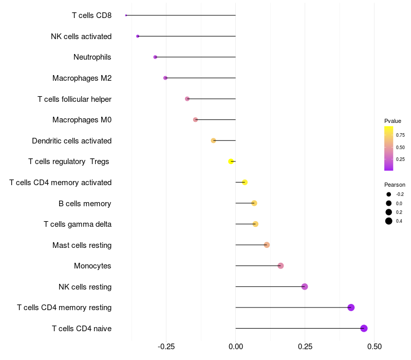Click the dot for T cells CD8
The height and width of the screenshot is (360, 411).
coord(126,15)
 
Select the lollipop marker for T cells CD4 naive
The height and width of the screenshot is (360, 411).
coord(364,328)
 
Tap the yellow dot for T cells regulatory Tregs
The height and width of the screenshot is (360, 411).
coord(231,161)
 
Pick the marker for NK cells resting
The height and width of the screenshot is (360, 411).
coord(305,286)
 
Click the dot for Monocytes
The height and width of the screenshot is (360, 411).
coord(281,266)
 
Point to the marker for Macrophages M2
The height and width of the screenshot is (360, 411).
coord(165,78)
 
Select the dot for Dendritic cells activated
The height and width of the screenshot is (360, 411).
coord(213,140)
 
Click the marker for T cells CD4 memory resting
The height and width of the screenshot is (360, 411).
coord(351,308)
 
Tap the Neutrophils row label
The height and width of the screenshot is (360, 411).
coord(92,57)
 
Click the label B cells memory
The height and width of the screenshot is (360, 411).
coord(85,204)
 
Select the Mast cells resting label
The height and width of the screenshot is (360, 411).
coord(82,245)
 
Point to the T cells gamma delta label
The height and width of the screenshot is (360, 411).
coord(78,224)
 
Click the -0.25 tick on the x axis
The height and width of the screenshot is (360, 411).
coord(166,347)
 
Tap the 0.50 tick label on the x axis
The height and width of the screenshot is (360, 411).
coord(375,347)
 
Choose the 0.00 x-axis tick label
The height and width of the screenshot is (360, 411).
coord(236,347)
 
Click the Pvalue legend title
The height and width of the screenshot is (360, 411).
coord(393,121)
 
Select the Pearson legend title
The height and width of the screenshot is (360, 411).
coord(395,185)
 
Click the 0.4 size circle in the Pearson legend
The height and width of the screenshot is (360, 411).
coord(389,221)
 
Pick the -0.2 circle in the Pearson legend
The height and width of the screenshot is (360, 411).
coord(389,194)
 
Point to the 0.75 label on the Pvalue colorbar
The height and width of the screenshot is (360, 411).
coord(400,135)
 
